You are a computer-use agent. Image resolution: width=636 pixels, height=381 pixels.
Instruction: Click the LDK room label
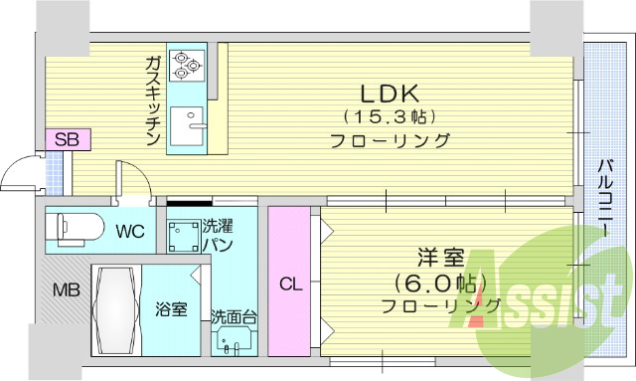(x=391, y=95)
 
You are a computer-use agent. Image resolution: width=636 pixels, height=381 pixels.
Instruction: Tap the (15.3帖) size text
(x=391, y=117)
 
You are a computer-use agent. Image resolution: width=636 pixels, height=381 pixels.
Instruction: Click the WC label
(x=129, y=232)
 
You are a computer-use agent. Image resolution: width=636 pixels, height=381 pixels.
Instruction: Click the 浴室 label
(x=171, y=309)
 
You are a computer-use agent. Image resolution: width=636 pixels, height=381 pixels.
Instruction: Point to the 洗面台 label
(x=235, y=319)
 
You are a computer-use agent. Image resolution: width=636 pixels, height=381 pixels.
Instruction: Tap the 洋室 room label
(x=441, y=257)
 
